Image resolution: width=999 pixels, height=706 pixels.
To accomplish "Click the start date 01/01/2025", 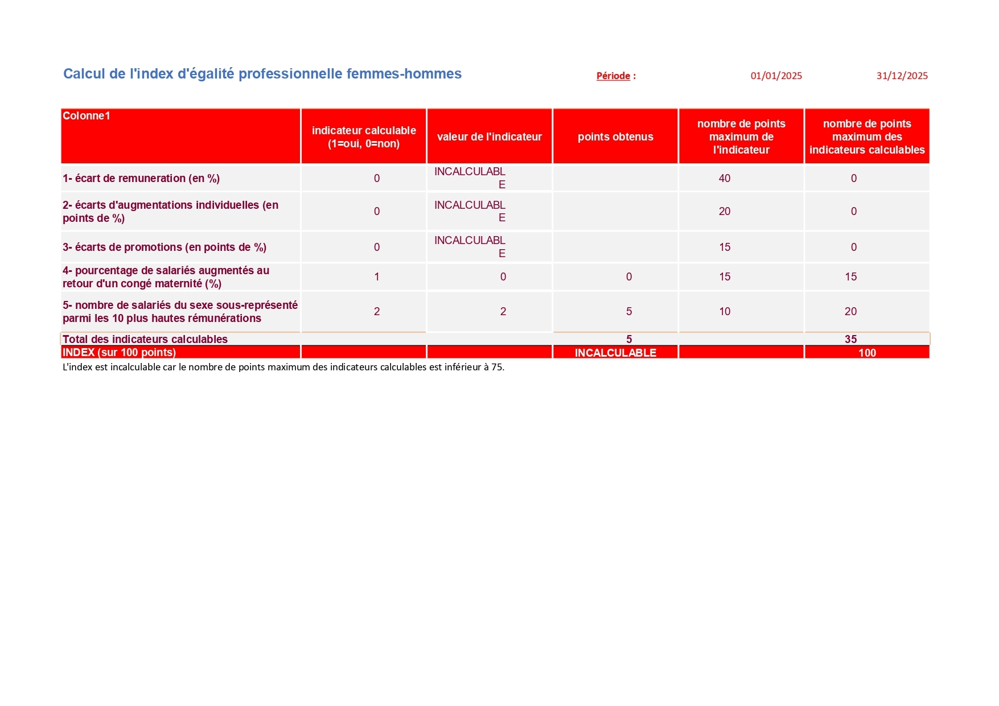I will (776, 76).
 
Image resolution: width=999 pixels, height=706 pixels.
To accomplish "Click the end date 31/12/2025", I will (902, 76).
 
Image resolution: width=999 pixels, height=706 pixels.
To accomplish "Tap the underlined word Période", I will (613, 76).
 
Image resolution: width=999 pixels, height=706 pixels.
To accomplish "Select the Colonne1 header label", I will (87, 116).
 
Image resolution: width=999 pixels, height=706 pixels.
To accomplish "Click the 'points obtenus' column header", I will (615, 137).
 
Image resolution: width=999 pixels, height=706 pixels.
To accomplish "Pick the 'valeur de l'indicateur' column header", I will (489, 137).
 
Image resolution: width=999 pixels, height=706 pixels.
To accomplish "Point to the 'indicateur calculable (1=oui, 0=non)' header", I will (364, 137).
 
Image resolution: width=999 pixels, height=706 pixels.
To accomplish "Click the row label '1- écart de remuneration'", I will (141, 178).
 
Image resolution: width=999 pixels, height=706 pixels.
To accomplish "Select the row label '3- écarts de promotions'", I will (164, 247).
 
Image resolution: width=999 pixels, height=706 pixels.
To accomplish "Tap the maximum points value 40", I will (724, 178).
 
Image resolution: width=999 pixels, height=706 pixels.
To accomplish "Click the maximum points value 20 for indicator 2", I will (724, 211).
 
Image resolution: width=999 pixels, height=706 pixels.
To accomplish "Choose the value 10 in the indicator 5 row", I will (724, 311).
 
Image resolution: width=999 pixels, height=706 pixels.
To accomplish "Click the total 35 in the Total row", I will (850, 339).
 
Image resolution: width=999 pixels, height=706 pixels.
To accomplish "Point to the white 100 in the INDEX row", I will (867, 353).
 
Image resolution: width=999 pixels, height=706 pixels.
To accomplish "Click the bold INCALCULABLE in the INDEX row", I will (615, 353).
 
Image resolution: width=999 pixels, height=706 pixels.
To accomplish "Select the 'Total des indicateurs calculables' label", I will (145, 339).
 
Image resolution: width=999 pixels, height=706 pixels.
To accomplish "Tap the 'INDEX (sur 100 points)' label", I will (119, 352).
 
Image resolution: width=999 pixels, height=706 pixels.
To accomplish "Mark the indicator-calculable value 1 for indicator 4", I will (376, 276).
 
